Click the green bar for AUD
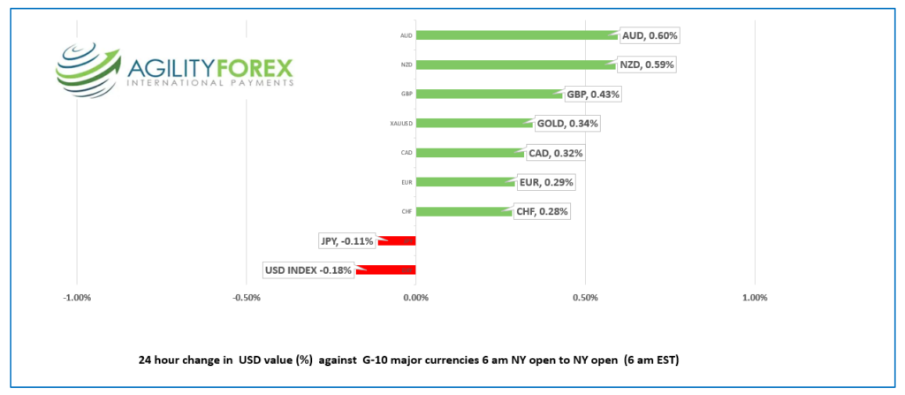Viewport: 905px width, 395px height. (516, 35)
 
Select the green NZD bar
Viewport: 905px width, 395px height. (514, 65)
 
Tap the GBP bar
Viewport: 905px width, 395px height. (489, 94)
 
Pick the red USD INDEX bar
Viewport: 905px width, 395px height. (386, 270)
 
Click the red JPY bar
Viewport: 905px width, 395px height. (397, 240)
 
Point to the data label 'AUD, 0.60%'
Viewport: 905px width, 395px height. (650, 35)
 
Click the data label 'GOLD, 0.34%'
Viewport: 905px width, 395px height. (567, 123)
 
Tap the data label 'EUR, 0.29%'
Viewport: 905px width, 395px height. (546, 182)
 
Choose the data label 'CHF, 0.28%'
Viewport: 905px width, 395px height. (541, 211)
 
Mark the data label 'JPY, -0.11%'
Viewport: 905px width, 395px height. (346, 240)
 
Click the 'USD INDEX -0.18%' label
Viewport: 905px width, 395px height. (308, 270)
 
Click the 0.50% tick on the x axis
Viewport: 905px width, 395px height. (585, 297)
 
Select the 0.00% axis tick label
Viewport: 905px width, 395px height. (415, 297)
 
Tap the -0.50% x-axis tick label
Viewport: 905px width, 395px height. (246, 297)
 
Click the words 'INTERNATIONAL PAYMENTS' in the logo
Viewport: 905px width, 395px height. (209, 82)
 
